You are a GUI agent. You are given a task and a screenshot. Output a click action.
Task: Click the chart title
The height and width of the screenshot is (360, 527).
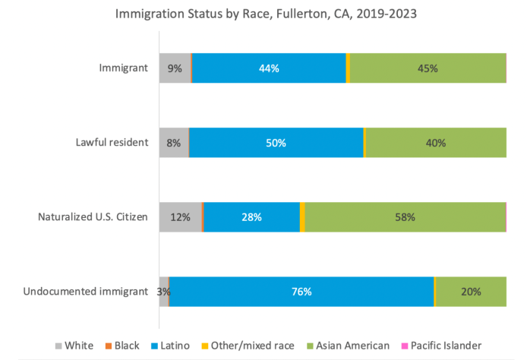(x=263, y=13)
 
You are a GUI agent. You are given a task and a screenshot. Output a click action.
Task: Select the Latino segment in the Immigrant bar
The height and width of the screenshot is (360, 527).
(x=269, y=68)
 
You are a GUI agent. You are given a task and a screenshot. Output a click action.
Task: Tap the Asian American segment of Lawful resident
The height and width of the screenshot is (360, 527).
(x=435, y=142)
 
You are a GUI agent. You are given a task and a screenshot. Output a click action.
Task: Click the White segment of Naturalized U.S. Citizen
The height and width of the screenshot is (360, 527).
(x=180, y=216)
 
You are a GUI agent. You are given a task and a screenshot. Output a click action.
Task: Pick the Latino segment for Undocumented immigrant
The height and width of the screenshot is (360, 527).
(x=301, y=292)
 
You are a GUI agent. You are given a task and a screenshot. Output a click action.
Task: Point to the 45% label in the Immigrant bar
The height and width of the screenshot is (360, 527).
(x=428, y=68)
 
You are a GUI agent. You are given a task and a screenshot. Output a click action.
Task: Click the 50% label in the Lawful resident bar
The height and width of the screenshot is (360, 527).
(x=276, y=142)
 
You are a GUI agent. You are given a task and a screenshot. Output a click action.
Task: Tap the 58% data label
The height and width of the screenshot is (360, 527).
(x=405, y=216)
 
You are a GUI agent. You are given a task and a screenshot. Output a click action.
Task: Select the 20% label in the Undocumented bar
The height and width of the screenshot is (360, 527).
(x=471, y=292)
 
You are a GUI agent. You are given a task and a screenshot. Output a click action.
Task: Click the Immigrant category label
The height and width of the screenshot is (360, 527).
(x=123, y=68)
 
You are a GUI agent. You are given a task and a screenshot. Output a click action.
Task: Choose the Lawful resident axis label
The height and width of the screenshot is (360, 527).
(x=112, y=142)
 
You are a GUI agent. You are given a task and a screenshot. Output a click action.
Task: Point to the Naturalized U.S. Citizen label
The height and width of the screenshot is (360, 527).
(x=93, y=216)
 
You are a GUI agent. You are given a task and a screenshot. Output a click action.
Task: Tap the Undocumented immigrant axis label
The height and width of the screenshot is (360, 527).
(x=85, y=292)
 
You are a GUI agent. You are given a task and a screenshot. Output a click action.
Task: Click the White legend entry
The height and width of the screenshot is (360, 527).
(x=74, y=346)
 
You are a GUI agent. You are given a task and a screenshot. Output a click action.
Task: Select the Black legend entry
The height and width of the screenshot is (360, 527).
(x=121, y=346)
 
